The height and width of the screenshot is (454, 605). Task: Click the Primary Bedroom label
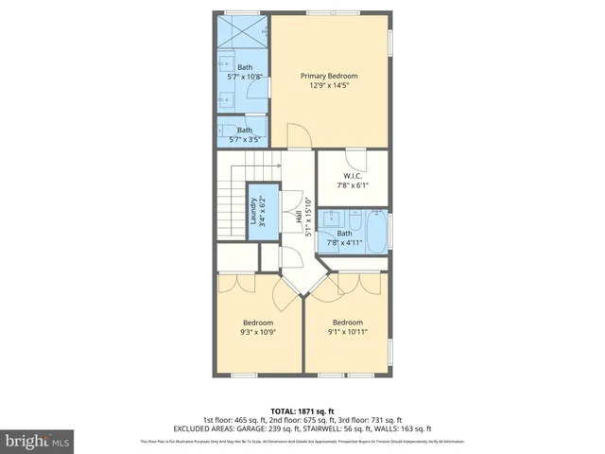point(329,76)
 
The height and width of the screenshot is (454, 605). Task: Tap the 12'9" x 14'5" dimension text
point(329,86)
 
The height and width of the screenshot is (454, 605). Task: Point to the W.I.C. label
point(353,175)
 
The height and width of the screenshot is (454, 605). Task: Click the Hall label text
point(297,218)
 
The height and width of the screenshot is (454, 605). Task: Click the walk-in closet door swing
point(353,159)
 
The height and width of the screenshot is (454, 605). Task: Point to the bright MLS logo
point(38,441)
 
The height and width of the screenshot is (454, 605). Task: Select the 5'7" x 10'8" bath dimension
point(245,78)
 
